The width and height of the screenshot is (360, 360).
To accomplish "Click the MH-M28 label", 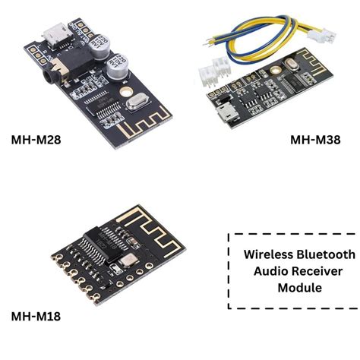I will [36, 139].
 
